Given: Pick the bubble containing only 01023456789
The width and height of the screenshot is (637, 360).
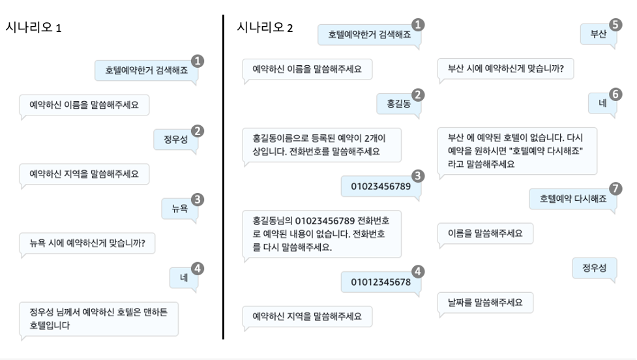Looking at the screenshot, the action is pos(380,187).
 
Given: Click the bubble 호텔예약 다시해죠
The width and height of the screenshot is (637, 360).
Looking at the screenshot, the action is pos(573,199).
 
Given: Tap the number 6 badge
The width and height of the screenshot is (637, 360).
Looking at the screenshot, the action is pos(615,94).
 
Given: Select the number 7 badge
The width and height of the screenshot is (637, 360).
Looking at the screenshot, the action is pos(615,188).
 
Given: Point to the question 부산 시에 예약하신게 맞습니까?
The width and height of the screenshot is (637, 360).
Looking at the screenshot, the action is pos(505,68).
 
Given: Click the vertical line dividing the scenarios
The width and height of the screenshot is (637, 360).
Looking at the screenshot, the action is pos(224,176).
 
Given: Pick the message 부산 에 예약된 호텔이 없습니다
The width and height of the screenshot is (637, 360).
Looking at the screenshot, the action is pos(517,151).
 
